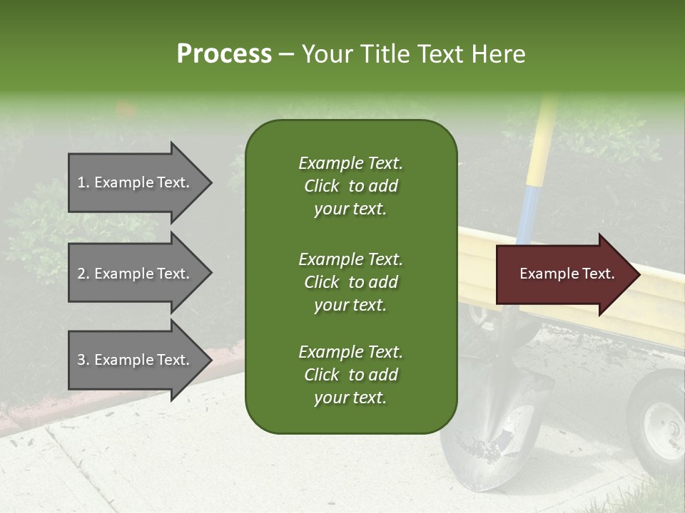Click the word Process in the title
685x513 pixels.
[224, 54]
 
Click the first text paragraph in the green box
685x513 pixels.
[350, 186]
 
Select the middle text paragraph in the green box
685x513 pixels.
[350, 282]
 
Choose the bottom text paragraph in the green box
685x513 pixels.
[350, 375]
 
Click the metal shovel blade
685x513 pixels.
[492, 427]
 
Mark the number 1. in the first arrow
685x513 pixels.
[83, 182]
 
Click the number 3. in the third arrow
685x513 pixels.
[83, 360]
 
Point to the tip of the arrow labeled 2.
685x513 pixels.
[210, 274]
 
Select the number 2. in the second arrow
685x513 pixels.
[83, 274]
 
